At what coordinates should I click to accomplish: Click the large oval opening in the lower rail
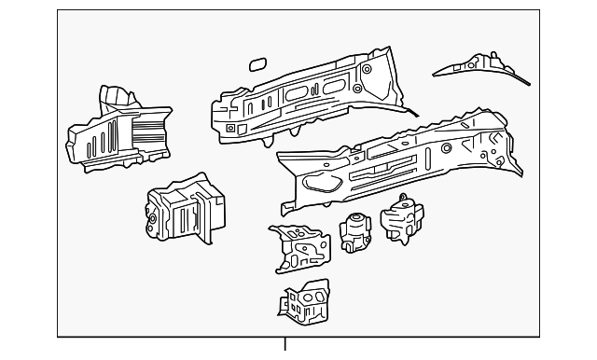[x=324, y=184]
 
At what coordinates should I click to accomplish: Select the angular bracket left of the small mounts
[x=298, y=247]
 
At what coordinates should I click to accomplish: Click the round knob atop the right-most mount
[x=404, y=200]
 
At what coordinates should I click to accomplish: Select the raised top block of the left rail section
[x=117, y=97]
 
